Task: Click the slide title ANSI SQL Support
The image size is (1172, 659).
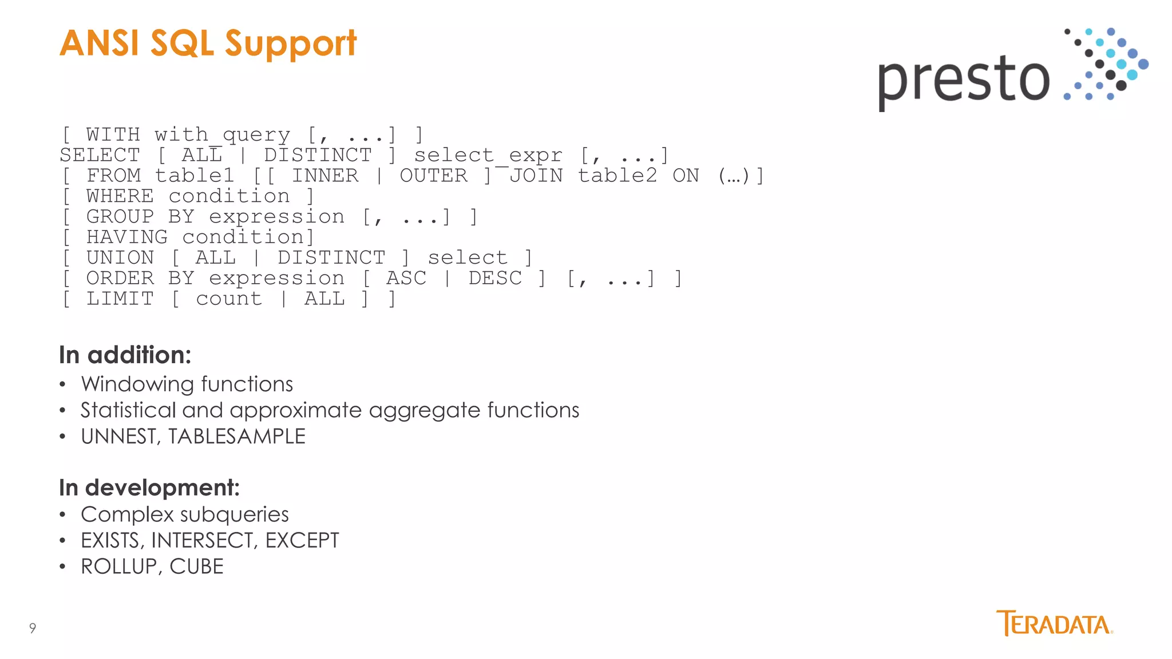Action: coord(208,43)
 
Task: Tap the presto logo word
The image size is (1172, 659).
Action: coord(964,80)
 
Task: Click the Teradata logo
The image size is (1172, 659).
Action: coord(1054,624)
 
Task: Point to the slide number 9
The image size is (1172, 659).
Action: coord(33,628)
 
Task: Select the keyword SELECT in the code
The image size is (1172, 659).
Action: coord(100,156)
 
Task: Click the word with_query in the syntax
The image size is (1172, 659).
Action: coord(222,135)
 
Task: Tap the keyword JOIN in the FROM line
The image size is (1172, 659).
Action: coord(536,176)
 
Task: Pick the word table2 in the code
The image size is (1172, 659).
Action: coord(617,176)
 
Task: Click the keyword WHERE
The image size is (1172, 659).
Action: coord(120,196)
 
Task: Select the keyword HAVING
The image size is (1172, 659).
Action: coord(126,237)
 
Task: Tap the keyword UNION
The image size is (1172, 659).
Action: coord(120,258)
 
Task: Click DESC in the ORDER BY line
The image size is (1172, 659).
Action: coord(495,279)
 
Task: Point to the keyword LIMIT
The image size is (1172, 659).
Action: coord(120,299)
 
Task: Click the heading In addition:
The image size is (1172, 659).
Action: coord(125,355)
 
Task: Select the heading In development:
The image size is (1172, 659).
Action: coord(149,488)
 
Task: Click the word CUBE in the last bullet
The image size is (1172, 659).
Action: coord(196,567)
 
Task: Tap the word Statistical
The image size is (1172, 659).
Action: coord(128,410)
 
